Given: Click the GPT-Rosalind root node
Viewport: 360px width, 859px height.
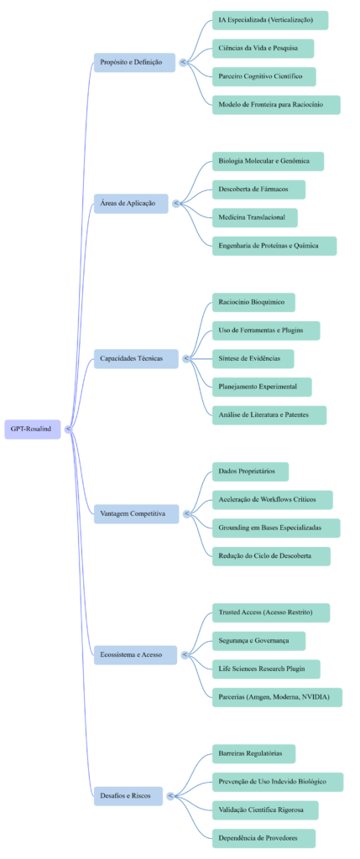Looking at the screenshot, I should click(x=32, y=429).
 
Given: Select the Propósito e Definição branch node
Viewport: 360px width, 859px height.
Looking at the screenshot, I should click(x=133, y=62).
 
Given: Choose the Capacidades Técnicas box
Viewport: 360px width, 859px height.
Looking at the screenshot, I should click(x=135, y=358).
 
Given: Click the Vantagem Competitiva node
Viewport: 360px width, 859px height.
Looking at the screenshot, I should click(x=135, y=513).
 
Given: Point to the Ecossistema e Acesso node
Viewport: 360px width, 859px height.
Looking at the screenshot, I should click(x=134, y=654).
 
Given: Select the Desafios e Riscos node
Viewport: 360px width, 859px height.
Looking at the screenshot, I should click(x=128, y=796).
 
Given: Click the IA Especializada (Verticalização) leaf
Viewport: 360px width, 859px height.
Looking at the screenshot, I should click(x=269, y=20).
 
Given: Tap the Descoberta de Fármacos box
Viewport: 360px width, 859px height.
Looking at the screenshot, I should click(x=258, y=190).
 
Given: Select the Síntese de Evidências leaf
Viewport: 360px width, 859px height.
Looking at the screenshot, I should click(x=252, y=358).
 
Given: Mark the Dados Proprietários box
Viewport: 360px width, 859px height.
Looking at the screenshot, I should click(x=249, y=471).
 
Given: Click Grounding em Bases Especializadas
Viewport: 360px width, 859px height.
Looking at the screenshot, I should click(x=274, y=528).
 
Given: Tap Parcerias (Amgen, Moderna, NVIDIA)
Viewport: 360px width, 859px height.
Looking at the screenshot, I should click(x=275, y=697).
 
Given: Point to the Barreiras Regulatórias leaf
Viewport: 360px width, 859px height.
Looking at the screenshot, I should click(x=253, y=753).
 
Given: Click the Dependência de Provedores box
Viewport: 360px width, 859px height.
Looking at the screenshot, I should click(x=263, y=838).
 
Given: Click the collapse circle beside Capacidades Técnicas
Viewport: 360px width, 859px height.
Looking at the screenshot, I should click(x=185, y=358).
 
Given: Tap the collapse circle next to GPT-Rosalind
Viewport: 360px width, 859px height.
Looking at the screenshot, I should click(x=67, y=429).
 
